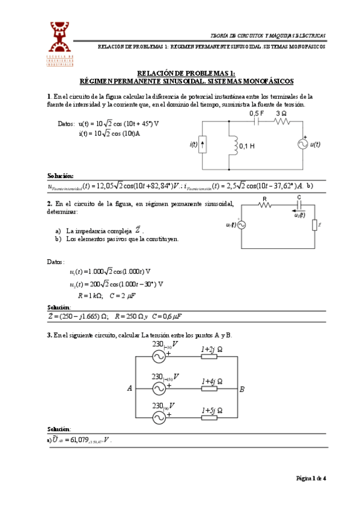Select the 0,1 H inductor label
click(x=248, y=146)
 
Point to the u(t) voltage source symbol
click(x=301, y=144)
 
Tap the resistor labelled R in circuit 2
click(x=265, y=204)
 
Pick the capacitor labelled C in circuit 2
click(x=299, y=204)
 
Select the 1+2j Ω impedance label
click(x=212, y=348)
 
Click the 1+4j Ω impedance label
click(x=212, y=381)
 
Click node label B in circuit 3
click(x=242, y=389)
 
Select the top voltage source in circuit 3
click(x=160, y=357)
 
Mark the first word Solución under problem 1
click(x=60, y=176)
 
